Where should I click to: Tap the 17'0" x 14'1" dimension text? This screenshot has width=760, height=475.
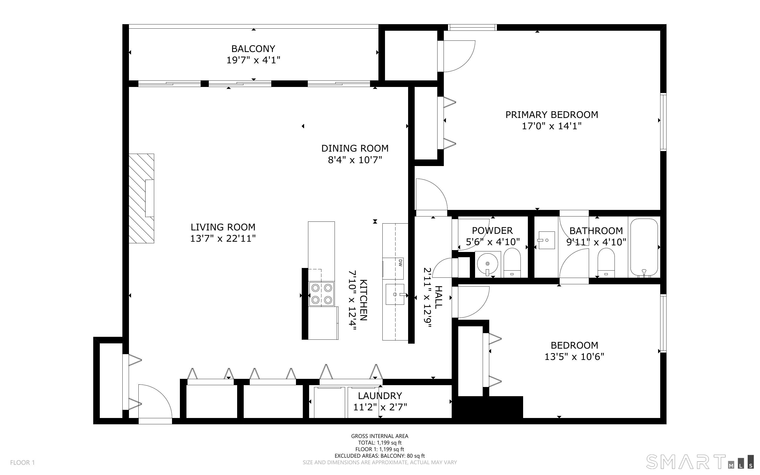tap(551, 126)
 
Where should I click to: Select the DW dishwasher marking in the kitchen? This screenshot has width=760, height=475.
tap(400, 263)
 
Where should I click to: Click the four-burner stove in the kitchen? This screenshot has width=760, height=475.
tap(321, 294)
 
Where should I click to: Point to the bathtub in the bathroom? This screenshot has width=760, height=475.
tap(644, 247)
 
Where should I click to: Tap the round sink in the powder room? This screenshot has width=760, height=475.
tap(487, 264)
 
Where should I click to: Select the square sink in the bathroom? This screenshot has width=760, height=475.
tap(546, 240)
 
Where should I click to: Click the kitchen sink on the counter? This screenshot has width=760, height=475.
tap(395, 294)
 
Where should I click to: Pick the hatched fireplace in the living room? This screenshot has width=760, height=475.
tap(141, 198)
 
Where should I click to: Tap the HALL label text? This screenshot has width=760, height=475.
tap(438, 297)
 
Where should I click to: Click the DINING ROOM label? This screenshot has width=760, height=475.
tap(355, 148)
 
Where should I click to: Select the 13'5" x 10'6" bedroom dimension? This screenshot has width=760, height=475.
tap(574, 357)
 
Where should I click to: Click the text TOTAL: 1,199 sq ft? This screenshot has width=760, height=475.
tap(379, 443)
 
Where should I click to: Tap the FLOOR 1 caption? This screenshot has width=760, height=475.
tap(22, 462)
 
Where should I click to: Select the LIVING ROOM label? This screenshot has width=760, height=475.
tap(223, 227)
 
